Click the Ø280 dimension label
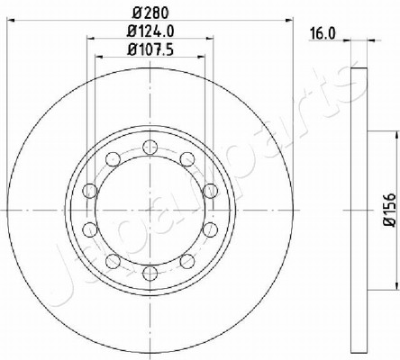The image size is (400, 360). point(150,13)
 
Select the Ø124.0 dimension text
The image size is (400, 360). point(150,31)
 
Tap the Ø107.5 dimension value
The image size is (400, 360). point(150,49)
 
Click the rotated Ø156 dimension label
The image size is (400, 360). point(391,210)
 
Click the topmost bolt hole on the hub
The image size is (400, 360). point(150,147)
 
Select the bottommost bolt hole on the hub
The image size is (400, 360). point(150,274)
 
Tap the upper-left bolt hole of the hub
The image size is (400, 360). point(114,159)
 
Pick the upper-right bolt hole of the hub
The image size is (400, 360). point(187,159)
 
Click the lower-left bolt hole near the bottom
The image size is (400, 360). point(114,261)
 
